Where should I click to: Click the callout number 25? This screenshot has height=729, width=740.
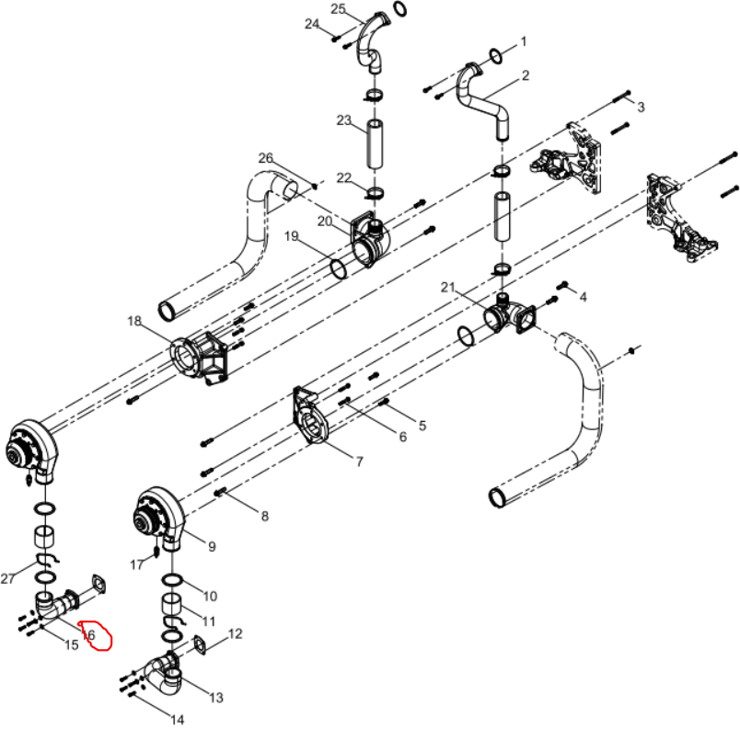tap(338, 9)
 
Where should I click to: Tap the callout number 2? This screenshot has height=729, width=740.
tap(526, 75)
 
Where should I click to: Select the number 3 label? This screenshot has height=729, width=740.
tap(641, 108)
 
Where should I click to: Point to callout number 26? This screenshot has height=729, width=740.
tap(266, 158)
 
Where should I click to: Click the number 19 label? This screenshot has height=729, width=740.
tap(292, 235)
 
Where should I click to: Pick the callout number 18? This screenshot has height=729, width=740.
tap(134, 321)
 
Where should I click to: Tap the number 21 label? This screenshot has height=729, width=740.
tap(448, 287)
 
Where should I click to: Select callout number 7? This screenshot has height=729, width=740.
tap(360, 461)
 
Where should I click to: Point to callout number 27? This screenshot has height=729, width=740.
tap(7, 578)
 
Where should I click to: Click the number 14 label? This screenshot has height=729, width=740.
tap(177, 720)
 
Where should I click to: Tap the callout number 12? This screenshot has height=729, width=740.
tap(235, 633)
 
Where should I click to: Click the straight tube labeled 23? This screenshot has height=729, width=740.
tap(376, 144)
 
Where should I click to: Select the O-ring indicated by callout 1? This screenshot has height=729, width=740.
tap(495, 56)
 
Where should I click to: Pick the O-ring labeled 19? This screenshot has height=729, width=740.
tap(339, 269)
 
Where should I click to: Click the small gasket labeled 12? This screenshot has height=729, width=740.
tap(200, 645)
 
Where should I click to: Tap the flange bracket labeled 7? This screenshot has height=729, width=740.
tap(309, 415)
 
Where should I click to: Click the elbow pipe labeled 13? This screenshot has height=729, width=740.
tap(163, 677)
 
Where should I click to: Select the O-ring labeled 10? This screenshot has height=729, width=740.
tap(173, 579)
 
